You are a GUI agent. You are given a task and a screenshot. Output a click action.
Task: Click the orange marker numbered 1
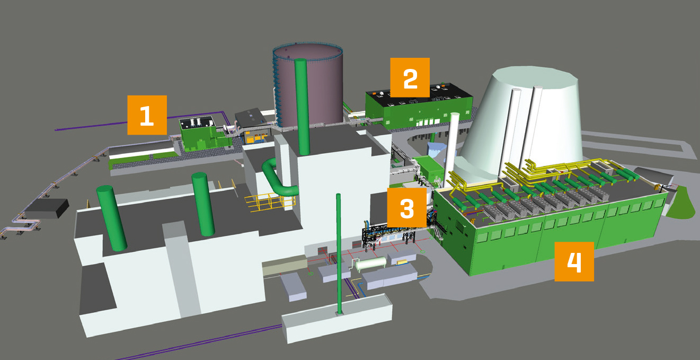click(147, 115)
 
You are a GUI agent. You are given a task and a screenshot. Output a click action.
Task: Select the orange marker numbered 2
click(410, 77)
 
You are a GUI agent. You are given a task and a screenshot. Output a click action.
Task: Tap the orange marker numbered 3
click(406, 208)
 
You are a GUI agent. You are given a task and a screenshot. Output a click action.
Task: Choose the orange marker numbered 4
click(574, 261)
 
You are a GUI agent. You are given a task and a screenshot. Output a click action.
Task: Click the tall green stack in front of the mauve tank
click(302, 107)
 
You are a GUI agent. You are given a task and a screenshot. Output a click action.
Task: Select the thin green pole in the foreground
click(339, 254)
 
